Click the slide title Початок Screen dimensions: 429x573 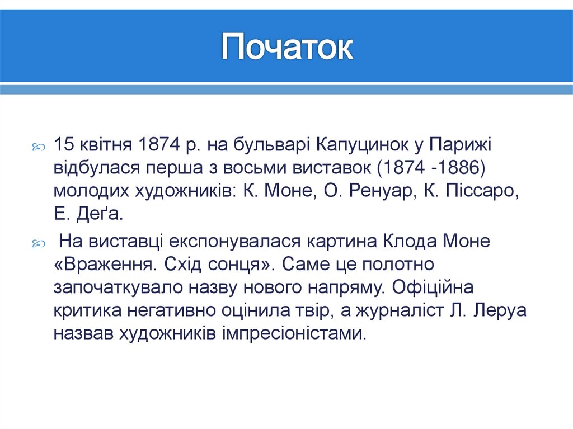pyautogui.click(x=286, y=48)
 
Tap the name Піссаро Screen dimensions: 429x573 pyautogui.click(x=480, y=191)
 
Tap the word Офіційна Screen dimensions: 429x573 pyautogui.click(x=434, y=287)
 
